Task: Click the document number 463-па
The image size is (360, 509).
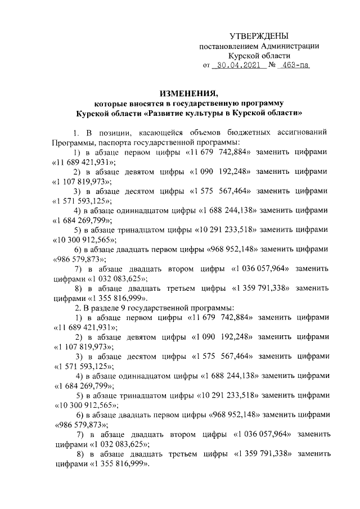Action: point(295,65)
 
